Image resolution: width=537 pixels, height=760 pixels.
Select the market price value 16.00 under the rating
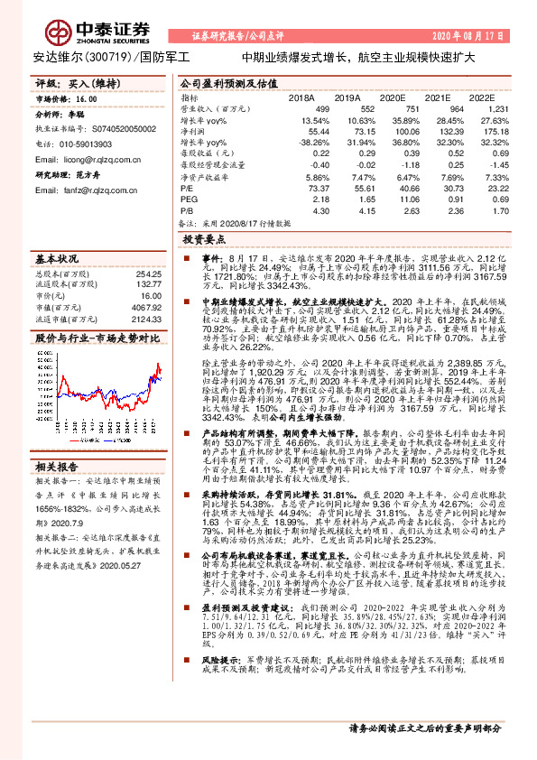point(87,98)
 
